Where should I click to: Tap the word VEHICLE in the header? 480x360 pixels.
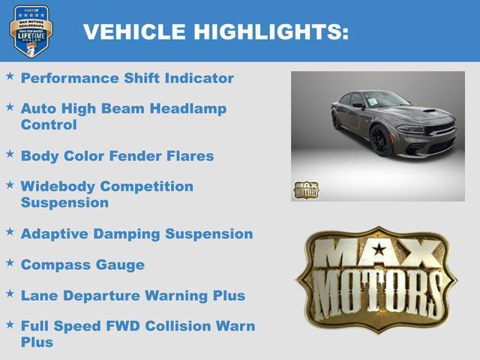pyautogui.click(x=134, y=32)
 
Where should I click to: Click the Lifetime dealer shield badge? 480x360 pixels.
pyautogui.click(x=31, y=31)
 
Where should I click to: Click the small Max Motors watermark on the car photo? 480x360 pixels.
pyautogui.click(x=305, y=190)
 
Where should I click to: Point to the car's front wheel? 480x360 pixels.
pyautogui.click(x=380, y=140)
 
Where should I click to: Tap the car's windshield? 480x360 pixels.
pyautogui.click(x=387, y=100)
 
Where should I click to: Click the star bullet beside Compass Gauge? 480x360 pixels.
pyautogui.click(x=10, y=263)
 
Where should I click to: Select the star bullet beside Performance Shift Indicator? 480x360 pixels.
pyautogui.click(x=10, y=76)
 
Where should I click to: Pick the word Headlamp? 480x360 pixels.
pyautogui.click(x=187, y=109)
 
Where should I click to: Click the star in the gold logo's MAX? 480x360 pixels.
pyautogui.click(x=379, y=250)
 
